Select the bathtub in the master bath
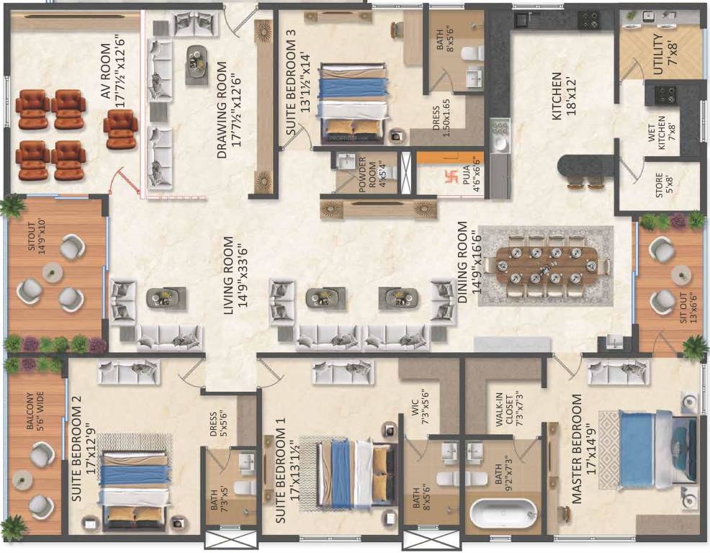coord(503,514)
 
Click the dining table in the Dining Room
coord(545,266)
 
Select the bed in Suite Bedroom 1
coord(352,472)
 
